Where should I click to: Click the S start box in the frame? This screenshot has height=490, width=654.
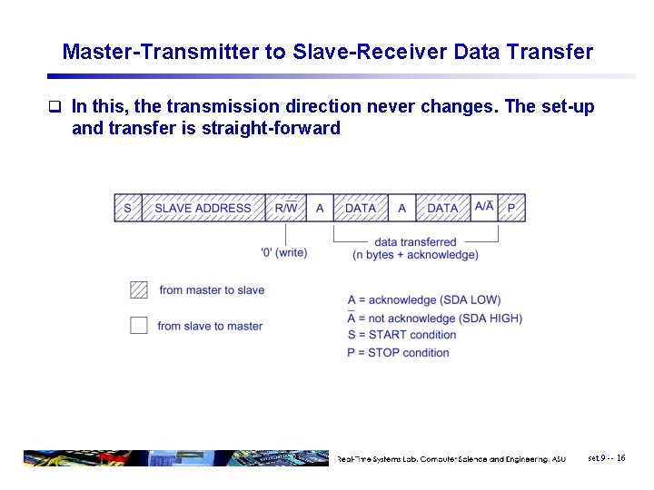(127, 208)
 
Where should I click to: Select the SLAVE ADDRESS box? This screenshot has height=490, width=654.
(203, 208)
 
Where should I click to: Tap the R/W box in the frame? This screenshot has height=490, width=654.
(285, 208)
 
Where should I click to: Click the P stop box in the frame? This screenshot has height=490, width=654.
(511, 208)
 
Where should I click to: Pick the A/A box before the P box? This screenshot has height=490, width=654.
(484, 208)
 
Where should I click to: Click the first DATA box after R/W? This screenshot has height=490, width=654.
(361, 208)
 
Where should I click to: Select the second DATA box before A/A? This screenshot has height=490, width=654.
(442, 208)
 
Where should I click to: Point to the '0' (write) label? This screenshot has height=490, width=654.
(283, 252)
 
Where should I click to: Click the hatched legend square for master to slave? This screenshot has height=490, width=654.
(139, 290)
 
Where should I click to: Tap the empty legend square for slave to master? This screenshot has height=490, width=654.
(139, 325)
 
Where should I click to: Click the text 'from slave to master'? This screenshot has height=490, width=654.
(210, 326)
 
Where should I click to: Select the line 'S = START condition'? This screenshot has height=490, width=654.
(401, 335)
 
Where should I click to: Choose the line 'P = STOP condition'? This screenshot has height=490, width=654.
(398, 352)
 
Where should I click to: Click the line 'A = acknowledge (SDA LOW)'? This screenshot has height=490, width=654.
(423, 300)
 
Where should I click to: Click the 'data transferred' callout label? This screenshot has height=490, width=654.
(415, 242)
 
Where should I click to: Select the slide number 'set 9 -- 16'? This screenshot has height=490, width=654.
(606, 458)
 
